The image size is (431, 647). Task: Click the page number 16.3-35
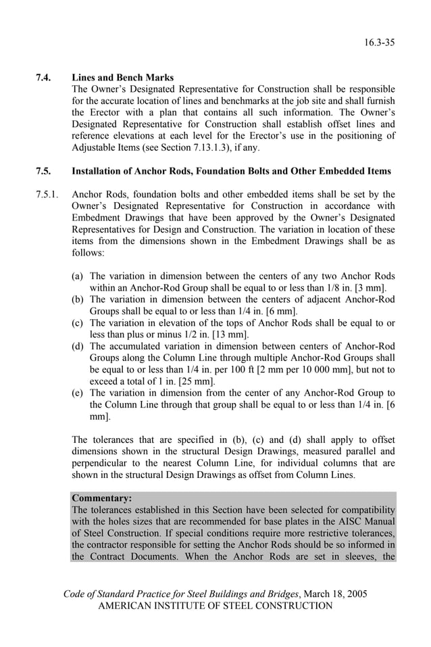379,43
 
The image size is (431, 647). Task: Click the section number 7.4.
44,78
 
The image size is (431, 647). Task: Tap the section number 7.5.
44,172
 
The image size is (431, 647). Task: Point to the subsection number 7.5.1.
48,195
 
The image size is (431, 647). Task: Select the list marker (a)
78,276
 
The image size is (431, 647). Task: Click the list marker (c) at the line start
78,322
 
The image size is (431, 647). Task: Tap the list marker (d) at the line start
78,346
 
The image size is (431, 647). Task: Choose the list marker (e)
78,393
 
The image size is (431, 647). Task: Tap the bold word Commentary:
102,498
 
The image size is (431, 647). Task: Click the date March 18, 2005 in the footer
334,594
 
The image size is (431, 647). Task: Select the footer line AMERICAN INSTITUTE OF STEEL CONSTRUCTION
215,606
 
